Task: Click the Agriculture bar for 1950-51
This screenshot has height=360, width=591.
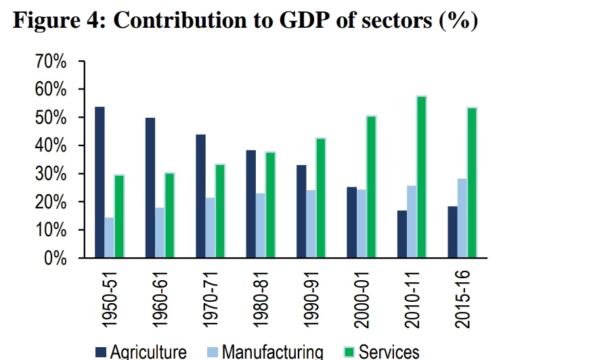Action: coord(100,183)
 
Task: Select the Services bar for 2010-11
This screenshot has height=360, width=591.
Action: coord(421,177)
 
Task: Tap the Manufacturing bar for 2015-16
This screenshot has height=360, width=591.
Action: coord(462,219)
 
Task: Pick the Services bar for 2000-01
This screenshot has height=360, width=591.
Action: coord(370,187)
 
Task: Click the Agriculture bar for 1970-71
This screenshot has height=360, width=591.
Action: coord(201,196)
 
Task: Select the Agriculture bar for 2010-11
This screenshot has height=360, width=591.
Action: coord(402,234)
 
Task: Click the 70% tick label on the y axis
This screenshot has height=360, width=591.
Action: coord(49,62)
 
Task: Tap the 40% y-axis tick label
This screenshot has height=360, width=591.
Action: coord(49,146)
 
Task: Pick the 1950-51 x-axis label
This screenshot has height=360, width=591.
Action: coord(110,296)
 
